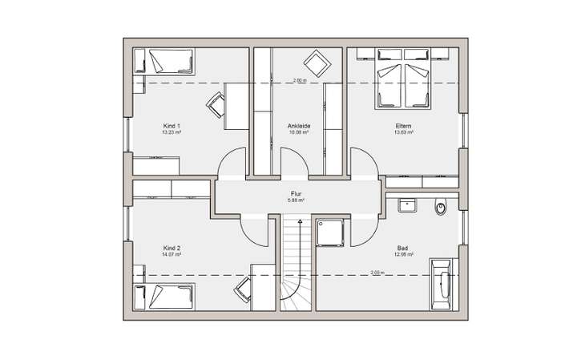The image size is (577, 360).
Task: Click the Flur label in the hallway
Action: pos(296,194)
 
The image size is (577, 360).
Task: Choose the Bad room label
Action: pos(404,249)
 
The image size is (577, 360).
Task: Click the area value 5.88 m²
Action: pos(296,200)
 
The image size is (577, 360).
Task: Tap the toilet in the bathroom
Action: pos(440,209)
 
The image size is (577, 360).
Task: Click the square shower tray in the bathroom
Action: pos(331,233)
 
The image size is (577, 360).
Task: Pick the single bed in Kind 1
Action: pos(165,61)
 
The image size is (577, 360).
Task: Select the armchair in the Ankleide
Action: pos(314,62)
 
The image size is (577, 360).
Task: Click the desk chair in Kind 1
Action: pos(216,104)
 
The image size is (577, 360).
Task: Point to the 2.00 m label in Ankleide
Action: pos(300,80)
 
